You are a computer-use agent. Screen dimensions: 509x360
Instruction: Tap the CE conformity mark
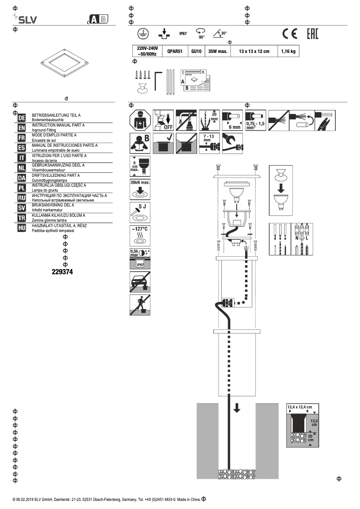pos(290,34)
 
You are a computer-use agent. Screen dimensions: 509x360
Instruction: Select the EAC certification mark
pos(312,34)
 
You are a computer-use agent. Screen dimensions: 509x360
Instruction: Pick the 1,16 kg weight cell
pos(288,52)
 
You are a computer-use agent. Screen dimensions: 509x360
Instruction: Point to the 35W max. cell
pos(218,52)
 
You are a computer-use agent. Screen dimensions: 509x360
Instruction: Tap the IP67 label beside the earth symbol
pos(183,34)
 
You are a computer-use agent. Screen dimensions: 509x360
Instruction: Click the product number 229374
pos(62,272)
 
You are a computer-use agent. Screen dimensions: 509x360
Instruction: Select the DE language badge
pos(22,118)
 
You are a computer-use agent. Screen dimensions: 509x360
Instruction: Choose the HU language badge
pos(22,228)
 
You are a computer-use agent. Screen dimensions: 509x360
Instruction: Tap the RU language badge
pos(22,198)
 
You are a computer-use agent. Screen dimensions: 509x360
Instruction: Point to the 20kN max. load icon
pos(140,189)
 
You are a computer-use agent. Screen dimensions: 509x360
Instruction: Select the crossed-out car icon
pos(140,281)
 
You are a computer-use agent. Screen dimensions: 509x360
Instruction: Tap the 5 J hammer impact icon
pos(140,212)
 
